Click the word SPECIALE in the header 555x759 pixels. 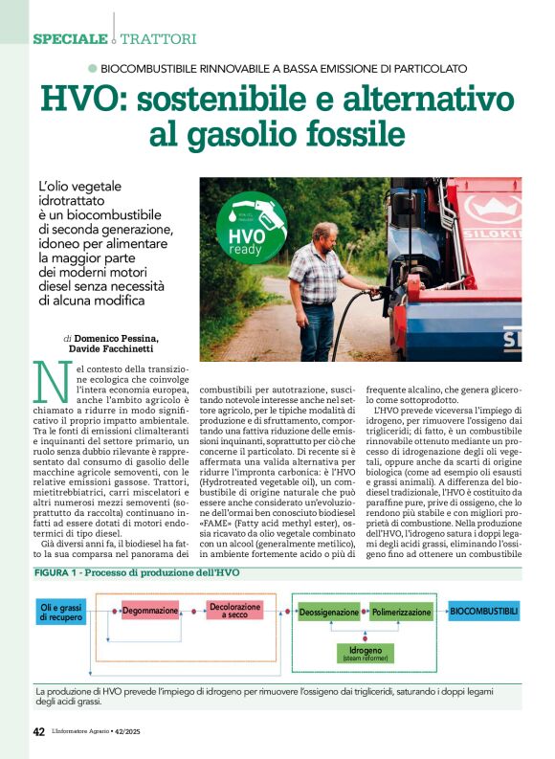tap(70, 39)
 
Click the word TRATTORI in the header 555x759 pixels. tap(158, 39)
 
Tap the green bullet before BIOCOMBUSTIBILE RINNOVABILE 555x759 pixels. tap(92, 68)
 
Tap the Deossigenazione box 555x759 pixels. tap(329, 612)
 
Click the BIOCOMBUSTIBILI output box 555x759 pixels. tap(484, 611)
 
